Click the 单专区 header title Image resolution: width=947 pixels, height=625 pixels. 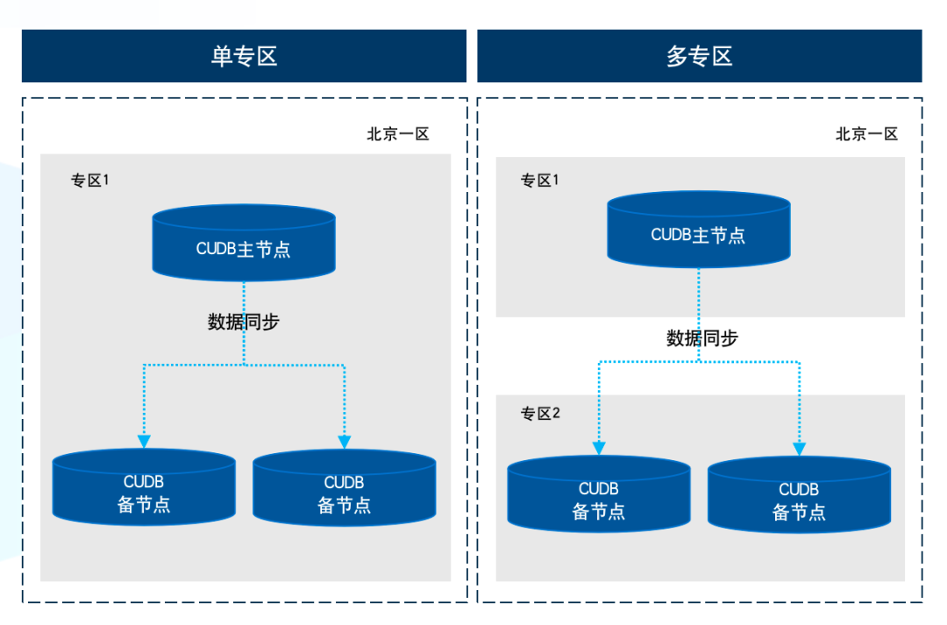pos(244,57)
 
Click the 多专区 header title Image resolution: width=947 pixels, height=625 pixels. pos(699,57)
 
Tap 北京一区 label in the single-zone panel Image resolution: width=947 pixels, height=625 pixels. pos(398,134)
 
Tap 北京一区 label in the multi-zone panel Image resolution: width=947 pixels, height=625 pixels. pos(866,134)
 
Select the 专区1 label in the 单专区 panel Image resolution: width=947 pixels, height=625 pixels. pos(89,181)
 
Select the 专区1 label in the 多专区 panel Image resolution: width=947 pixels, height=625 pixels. pos(539,181)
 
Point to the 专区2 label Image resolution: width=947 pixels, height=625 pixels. pos(540,414)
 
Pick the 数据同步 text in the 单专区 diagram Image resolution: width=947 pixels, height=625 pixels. pos(244,322)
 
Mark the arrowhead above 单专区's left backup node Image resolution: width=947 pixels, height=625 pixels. pos(144,441)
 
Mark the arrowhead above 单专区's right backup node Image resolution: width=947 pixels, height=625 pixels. pos(345,441)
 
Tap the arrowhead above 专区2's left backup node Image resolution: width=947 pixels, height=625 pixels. pos(599,448)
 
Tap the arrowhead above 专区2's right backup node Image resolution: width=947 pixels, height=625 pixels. pos(800,448)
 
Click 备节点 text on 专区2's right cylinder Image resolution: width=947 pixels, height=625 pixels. pos(799,513)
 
